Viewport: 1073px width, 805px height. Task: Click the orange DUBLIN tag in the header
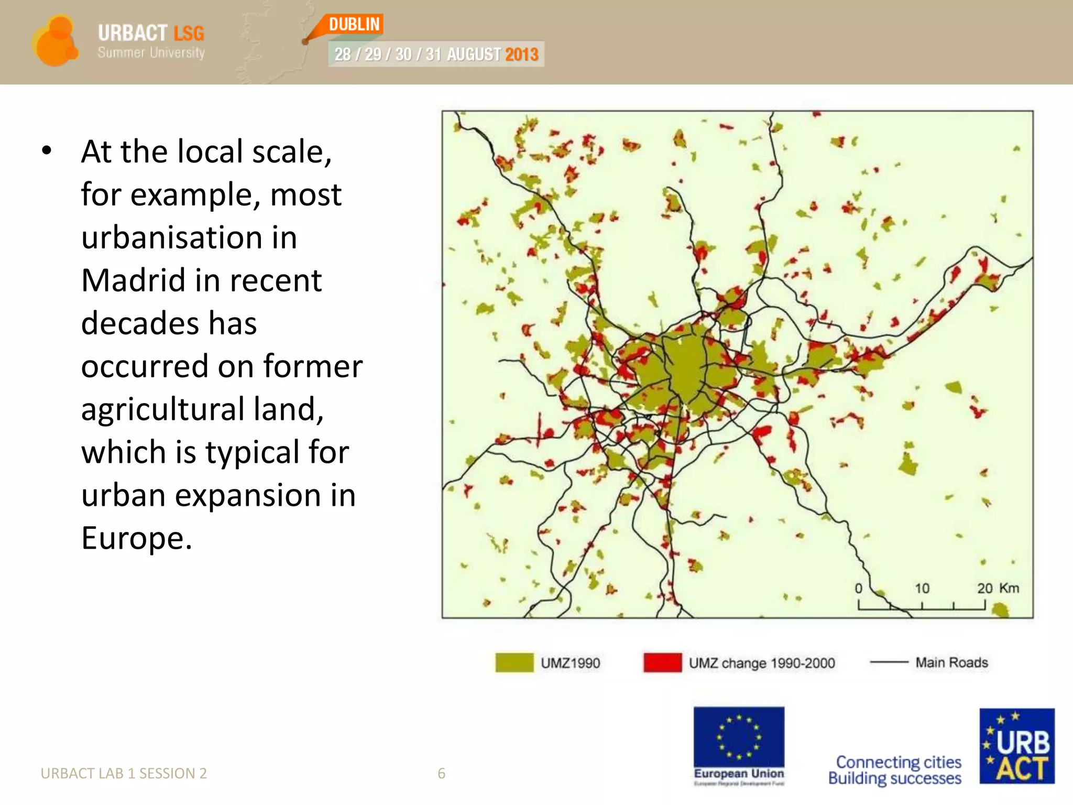tap(355, 24)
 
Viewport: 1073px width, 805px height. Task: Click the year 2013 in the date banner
tap(521, 55)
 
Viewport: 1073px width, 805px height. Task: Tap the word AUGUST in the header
tap(474, 55)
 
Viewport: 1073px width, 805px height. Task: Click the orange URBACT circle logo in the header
tap(54, 41)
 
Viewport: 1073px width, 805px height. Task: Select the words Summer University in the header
tap(151, 53)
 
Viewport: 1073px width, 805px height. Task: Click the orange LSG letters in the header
tap(189, 33)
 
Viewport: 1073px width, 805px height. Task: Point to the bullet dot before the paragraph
tap(47, 151)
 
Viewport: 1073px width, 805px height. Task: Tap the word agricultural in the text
tap(162, 409)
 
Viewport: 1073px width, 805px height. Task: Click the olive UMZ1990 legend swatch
tap(514, 662)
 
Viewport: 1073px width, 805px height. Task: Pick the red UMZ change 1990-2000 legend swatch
tap(662, 662)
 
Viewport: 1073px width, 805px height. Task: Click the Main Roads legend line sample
tap(889, 662)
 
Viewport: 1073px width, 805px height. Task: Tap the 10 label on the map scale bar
tap(922, 588)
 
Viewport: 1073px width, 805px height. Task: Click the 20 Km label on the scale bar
tap(998, 588)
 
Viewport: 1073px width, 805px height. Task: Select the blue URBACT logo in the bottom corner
tap(1016, 746)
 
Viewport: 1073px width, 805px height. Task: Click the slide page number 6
tap(442, 774)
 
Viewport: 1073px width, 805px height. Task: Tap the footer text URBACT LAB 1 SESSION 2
tap(124, 774)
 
